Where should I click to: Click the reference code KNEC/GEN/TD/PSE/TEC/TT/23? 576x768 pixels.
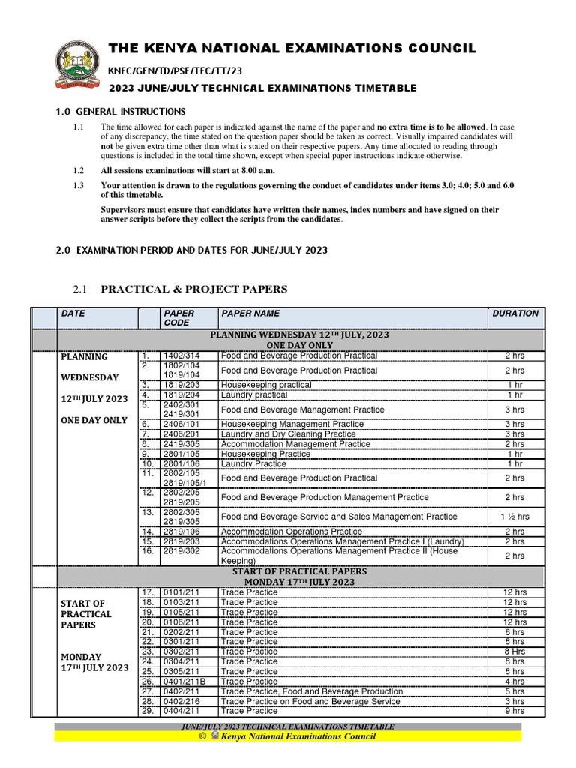click(175, 70)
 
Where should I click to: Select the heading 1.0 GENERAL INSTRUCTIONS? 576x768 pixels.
click(120, 112)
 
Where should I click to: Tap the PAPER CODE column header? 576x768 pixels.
click(178, 318)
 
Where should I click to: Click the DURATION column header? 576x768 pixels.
click(514, 313)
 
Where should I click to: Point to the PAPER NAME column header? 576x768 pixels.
click(250, 313)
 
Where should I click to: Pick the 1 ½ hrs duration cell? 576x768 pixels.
click(514, 517)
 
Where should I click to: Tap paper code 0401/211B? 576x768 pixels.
click(184, 682)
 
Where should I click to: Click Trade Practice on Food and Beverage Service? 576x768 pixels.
click(310, 701)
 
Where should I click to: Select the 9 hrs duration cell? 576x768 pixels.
click(514, 711)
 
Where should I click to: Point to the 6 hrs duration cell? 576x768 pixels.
click(514, 632)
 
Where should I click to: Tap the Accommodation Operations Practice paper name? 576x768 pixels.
click(291, 532)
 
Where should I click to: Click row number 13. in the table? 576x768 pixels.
click(148, 512)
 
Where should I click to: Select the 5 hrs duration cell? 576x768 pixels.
click(514, 691)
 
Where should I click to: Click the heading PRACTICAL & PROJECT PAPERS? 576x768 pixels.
click(194, 289)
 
